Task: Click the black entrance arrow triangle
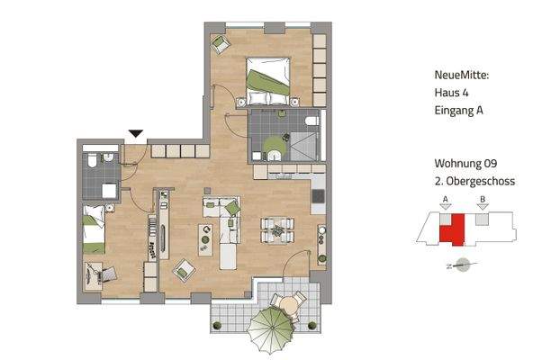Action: pos(136,135)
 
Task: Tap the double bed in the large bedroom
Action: pos(268,76)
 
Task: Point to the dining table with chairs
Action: pos(277,231)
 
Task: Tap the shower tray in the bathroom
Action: pos(304,143)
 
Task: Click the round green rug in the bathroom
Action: pos(273,144)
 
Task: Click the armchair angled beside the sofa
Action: pos(185,267)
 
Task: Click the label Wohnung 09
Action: pos(465,164)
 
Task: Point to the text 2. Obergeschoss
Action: pos(473,181)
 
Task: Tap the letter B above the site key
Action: pos(483,200)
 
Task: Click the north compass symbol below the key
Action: pos(464,265)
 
